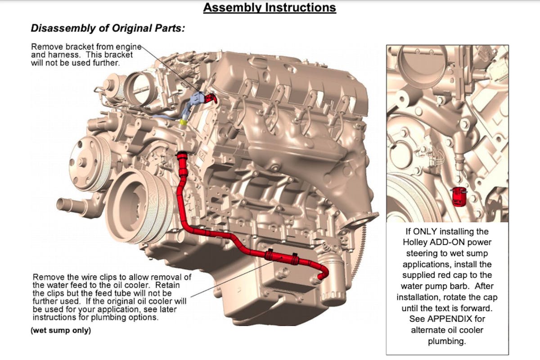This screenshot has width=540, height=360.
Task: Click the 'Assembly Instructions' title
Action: click(x=270, y=8)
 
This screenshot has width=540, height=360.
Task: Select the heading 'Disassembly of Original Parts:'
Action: click(x=108, y=28)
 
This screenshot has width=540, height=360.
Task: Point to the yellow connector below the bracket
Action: click(x=183, y=122)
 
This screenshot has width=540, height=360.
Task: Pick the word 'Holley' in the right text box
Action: click(x=414, y=243)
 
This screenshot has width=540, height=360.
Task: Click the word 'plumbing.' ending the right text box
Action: click(x=447, y=341)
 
